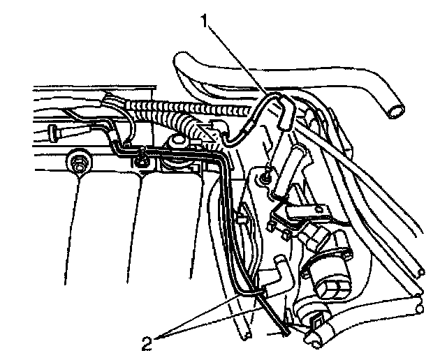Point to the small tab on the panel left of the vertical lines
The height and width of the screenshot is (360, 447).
(x=242, y=220)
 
